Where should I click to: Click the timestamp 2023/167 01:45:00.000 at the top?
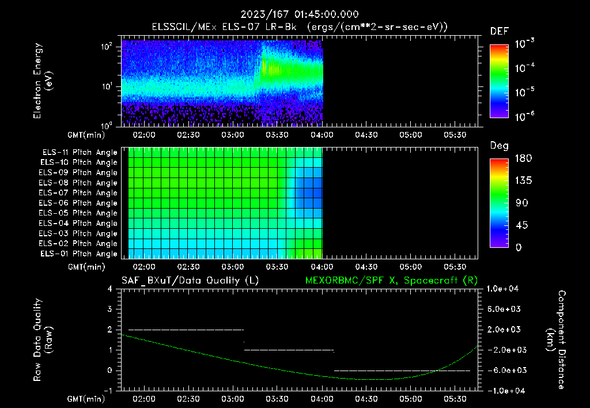(300, 14)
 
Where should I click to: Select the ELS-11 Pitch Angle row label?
(80, 153)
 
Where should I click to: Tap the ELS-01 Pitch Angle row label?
(79, 254)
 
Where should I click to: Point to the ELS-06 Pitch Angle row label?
(78, 203)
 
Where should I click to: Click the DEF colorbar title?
(500, 32)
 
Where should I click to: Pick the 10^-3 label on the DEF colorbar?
(524, 44)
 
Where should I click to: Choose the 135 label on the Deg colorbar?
(524, 181)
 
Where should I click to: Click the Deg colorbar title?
(500, 146)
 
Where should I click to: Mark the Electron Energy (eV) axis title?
(43, 81)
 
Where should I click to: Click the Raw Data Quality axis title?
(43, 340)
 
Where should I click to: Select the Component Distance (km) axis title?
(556, 340)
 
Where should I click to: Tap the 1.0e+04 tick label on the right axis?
(502, 289)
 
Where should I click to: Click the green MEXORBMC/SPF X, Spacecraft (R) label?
(391, 281)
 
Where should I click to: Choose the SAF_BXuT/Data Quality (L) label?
(190, 281)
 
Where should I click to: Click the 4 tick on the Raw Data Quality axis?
(110, 289)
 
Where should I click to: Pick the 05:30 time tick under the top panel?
(455, 135)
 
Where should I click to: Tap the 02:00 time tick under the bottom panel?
(144, 399)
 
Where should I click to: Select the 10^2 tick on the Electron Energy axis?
(107, 47)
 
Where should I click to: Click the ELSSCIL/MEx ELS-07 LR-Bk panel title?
(224, 27)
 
